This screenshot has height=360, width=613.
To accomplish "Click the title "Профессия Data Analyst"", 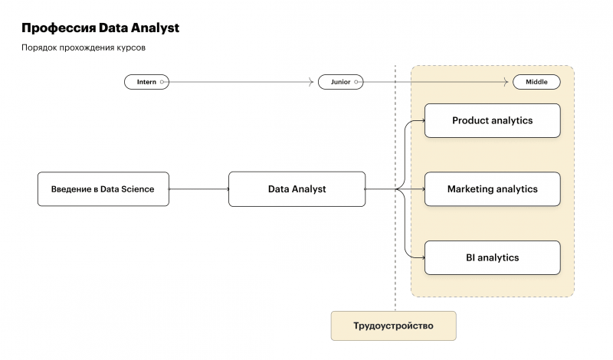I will click(x=100, y=28).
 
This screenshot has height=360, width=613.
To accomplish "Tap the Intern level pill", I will click(x=146, y=82).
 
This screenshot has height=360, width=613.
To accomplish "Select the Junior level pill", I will click(x=340, y=82).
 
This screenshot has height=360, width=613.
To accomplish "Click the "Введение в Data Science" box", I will click(x=103, y=189).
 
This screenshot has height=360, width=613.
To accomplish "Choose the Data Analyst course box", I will click(x=297, y=189).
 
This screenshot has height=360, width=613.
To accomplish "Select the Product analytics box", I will click(x=492, y=121).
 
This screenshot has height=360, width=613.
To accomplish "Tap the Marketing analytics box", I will click(x=492, y=189).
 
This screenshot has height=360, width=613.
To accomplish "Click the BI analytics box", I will click(x=492, y=258).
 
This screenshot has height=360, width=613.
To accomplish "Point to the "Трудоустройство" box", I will click(x=393, y=326).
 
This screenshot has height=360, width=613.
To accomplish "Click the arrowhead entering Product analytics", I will click(x=422, y=121).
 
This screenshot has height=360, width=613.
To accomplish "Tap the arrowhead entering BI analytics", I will click(x=422, y=258).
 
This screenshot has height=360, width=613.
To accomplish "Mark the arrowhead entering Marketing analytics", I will click(x=422, y=189).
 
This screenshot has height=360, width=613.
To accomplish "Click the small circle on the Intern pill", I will click(x=162, y=82).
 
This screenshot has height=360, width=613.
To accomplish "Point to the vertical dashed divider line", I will click(x=395, y=230).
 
